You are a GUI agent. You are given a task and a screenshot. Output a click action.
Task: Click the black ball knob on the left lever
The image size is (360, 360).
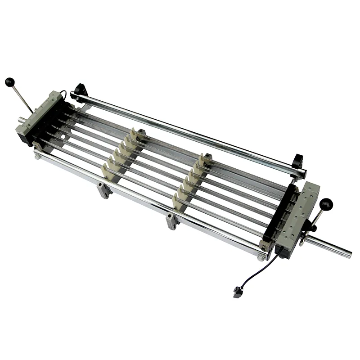10,82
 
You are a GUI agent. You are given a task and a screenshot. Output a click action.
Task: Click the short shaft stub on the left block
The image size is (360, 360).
21,120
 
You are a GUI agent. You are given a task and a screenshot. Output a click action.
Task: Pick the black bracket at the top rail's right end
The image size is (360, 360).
298,160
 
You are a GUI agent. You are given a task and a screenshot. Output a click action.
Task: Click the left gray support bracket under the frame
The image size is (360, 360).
103,190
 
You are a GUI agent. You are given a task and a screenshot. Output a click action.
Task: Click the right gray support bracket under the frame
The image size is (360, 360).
172,221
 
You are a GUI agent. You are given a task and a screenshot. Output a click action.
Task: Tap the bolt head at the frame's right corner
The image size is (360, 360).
261,258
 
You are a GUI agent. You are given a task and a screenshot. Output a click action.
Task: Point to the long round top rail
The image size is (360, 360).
189,133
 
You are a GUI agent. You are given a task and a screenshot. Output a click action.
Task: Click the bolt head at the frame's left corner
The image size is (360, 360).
38,157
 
